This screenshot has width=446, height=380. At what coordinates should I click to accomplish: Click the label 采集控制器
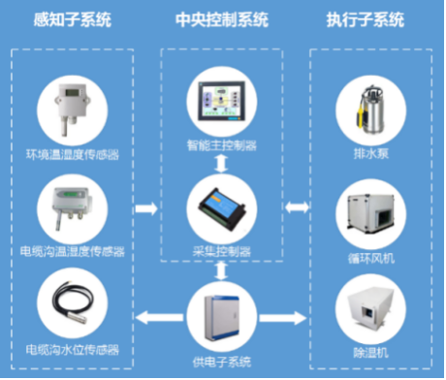[222, 251]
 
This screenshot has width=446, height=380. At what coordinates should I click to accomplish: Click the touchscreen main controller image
[222, 104]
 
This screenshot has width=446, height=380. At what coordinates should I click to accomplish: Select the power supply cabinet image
[222, 320]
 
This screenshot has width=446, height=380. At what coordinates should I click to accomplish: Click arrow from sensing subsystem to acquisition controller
[147, 207]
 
